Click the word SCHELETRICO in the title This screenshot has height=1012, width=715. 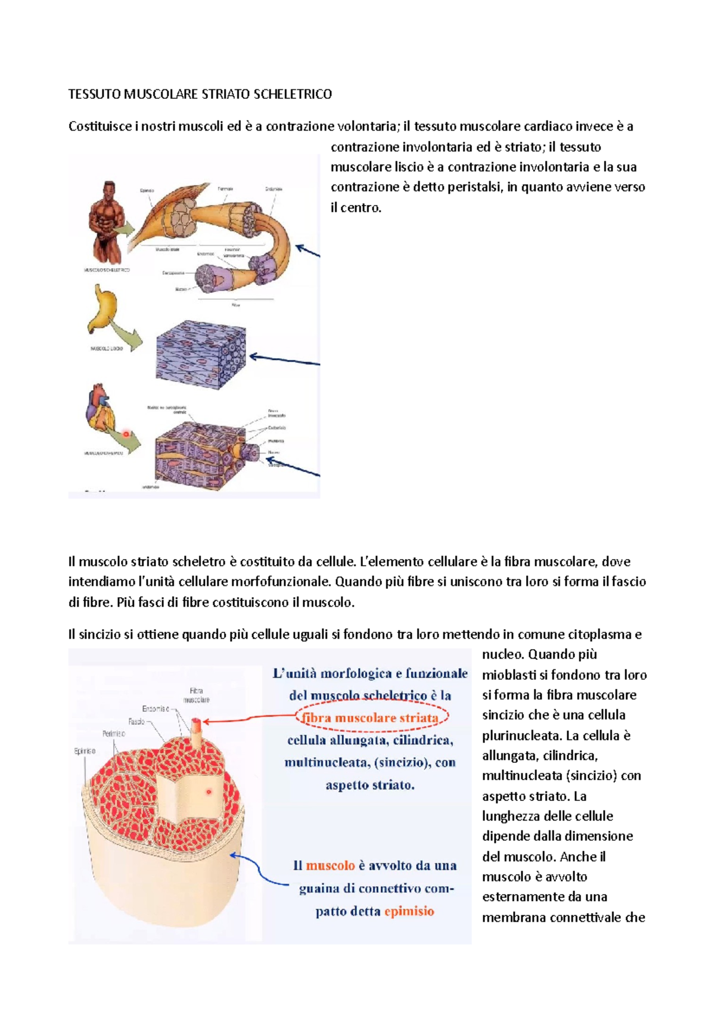click(x=293, y=94)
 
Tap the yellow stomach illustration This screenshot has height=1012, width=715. click(x=102, y=309)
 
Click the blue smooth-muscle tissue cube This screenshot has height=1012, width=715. click(x=200, y=354)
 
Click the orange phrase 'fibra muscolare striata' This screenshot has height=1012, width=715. click(x=371, y=718)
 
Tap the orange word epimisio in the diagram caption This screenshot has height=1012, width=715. click(x=409, y=911)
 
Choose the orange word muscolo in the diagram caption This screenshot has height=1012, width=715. click(x=330, y=865)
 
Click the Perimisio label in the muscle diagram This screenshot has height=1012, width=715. click(x=113, y=734)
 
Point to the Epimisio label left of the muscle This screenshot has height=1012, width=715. click(x=85, y=751)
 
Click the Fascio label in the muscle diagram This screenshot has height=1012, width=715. click(x=136, y=722)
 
